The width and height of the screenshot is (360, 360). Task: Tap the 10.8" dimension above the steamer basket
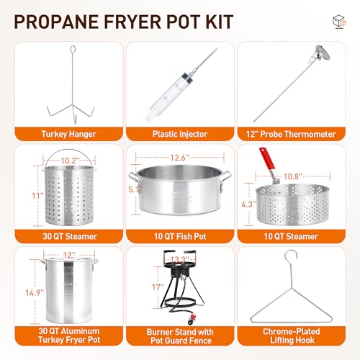click(291, 175)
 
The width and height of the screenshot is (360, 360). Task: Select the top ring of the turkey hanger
click(71, 49)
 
